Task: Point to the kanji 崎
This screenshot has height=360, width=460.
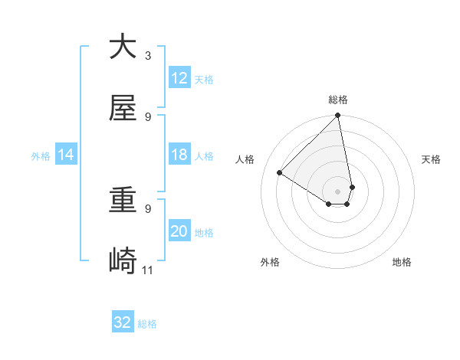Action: [x=123, y=261]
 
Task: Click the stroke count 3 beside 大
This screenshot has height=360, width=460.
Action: [x=148, y=56]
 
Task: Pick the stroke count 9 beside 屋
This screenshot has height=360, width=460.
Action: [x=148, y=117]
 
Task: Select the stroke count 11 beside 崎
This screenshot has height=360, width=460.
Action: [x=148, y=270]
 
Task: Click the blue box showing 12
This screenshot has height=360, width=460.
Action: [x=179, y=78]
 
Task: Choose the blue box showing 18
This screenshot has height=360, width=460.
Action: [x=179, y=155]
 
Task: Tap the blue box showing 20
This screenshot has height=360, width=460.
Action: [x=179, y=231]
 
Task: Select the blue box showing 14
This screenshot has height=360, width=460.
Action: [x=66, y=155]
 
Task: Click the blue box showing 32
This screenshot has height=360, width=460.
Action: [x=123, y=322]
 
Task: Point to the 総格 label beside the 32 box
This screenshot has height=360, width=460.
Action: [x=147, y=324]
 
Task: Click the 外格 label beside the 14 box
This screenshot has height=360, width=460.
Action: [x=41, y=156]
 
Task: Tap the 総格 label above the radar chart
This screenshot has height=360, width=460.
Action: [x=338, y=100]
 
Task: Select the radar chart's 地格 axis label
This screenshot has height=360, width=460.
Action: [x=402, y=262]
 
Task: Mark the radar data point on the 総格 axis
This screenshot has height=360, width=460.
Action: [x=338, y=116]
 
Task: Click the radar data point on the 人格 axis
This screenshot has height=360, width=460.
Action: [x=280, y=173]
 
